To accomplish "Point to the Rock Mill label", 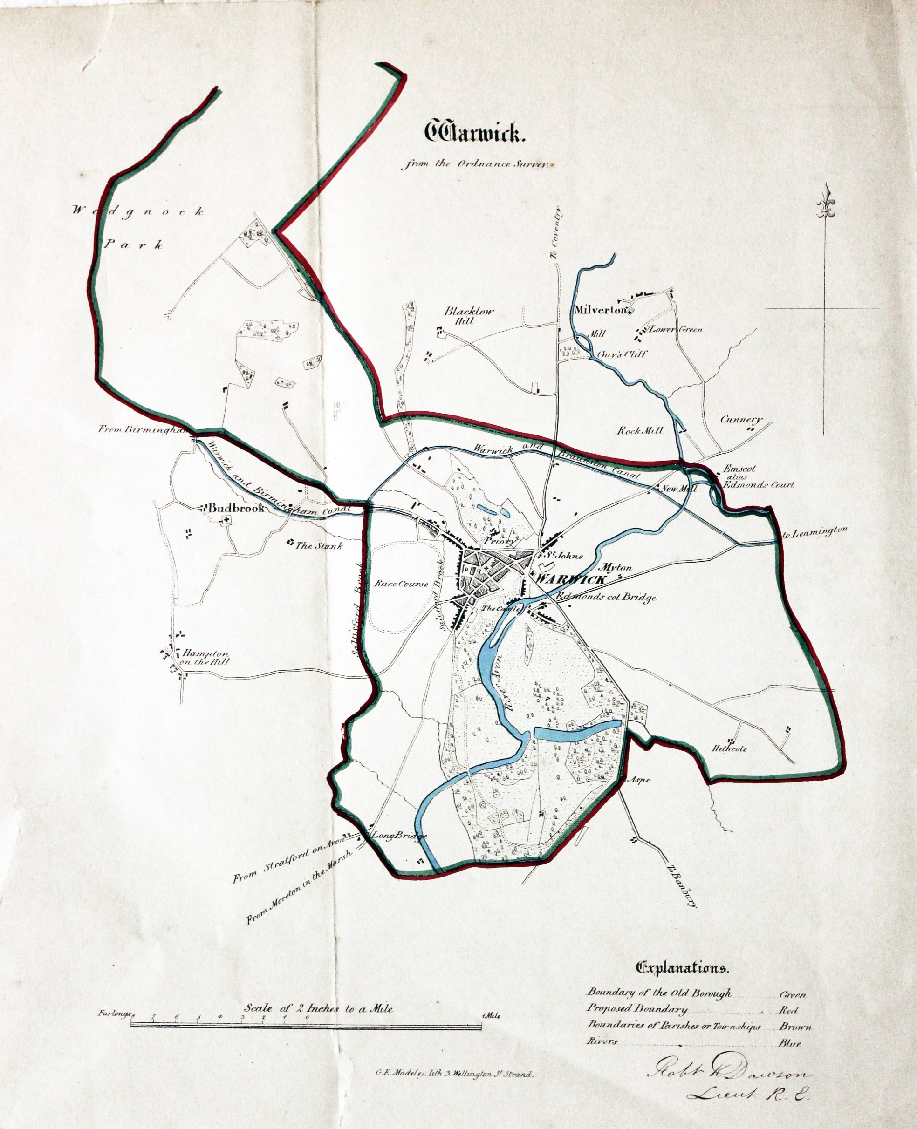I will coord(640,430).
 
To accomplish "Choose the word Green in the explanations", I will coord(793,995).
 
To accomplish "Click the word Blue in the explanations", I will coord(789,1043).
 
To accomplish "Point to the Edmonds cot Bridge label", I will coord(607,597).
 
